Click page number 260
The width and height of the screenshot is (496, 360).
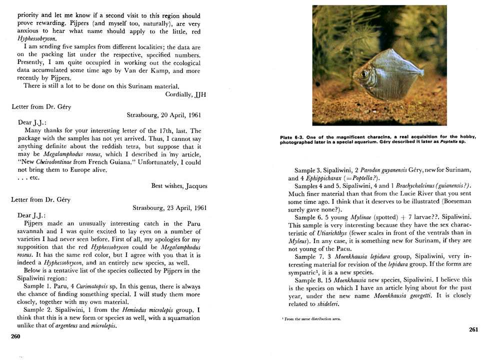pyautogui.click(x=15, y=336)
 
